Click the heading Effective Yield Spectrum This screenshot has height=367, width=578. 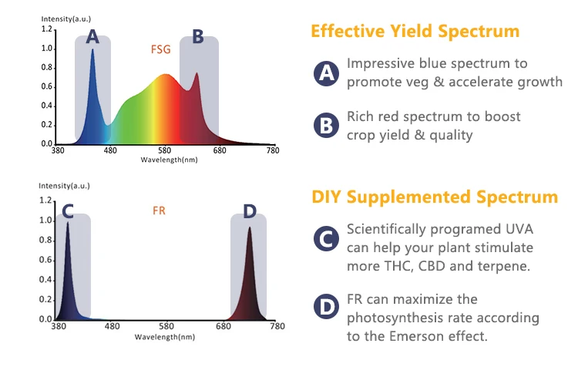pyautogui.click(x=415, y=31)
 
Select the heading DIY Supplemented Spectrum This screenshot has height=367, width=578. pyautogui.click(x=435, y=197)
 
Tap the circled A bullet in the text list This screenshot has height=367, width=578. pyautogui.click(x=327, y=73)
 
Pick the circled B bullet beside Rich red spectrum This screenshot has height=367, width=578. pyautogui.click(x=327, y=126)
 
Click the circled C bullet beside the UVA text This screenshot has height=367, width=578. pyautogui.click(x=327, y=239)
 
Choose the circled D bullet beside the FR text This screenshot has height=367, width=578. pyautogui.click(x=327, y=308)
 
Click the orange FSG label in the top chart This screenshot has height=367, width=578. pyautogui.click(x=160, y=49)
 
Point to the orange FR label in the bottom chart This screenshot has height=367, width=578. pyautogui.click(x=160, y=210)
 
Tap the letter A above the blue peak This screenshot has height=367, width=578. pyautogui.click(x=93, y=36)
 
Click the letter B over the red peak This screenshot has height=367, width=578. pyautogui.click(x=198, y=36)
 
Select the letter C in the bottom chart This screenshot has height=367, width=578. pyautogui.click(x=68, y=210)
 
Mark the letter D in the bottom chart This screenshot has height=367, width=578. pyautogui.click(x=249, y=211)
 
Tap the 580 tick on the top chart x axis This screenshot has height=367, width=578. pyautogui.click(x=165, y=150)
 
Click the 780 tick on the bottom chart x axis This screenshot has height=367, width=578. pyautogui.click(x=272, y=327)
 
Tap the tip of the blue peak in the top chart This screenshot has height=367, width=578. pyautogui.click(x=92, y=50)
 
